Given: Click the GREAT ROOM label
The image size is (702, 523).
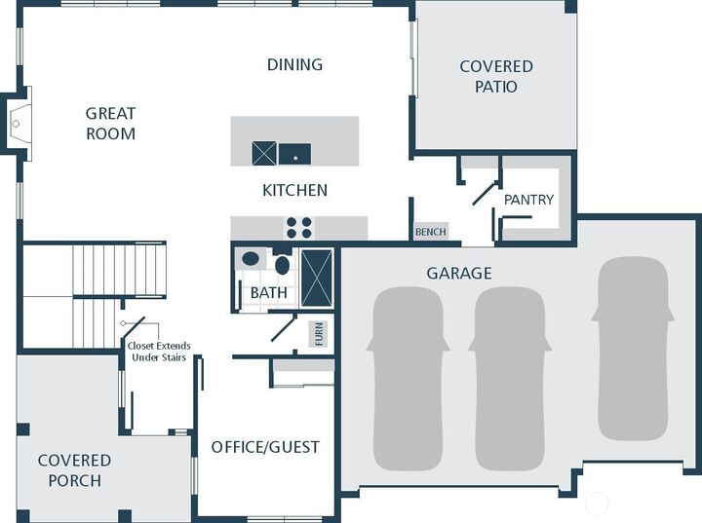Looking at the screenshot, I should (110, 124).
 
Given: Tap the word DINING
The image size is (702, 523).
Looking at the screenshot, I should (294, 65).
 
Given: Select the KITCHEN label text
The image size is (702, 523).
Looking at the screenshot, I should (294, 190).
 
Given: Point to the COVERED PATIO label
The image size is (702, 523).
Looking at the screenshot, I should (496, 76).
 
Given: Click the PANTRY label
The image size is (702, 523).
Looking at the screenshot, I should (528, 200).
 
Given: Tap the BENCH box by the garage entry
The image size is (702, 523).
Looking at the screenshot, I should (430, 232).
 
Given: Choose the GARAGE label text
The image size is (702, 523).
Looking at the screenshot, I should (458, 274).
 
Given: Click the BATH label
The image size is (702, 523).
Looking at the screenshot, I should (268, 292).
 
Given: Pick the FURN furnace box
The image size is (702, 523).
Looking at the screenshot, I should (320, 334).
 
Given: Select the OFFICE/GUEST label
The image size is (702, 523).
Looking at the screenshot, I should (265, 447).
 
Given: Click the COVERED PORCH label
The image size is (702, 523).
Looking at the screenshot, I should (74, 469).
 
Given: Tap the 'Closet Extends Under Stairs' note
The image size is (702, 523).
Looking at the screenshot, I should (159, 352).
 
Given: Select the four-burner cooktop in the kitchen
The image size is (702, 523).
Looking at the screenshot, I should (298, 228).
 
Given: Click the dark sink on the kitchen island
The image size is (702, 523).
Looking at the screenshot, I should (294, 154).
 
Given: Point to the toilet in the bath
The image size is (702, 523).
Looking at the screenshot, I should (282, 264).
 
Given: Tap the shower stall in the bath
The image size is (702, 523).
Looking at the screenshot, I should (317, 278).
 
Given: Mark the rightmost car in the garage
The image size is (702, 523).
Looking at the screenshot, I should (633, 348).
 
